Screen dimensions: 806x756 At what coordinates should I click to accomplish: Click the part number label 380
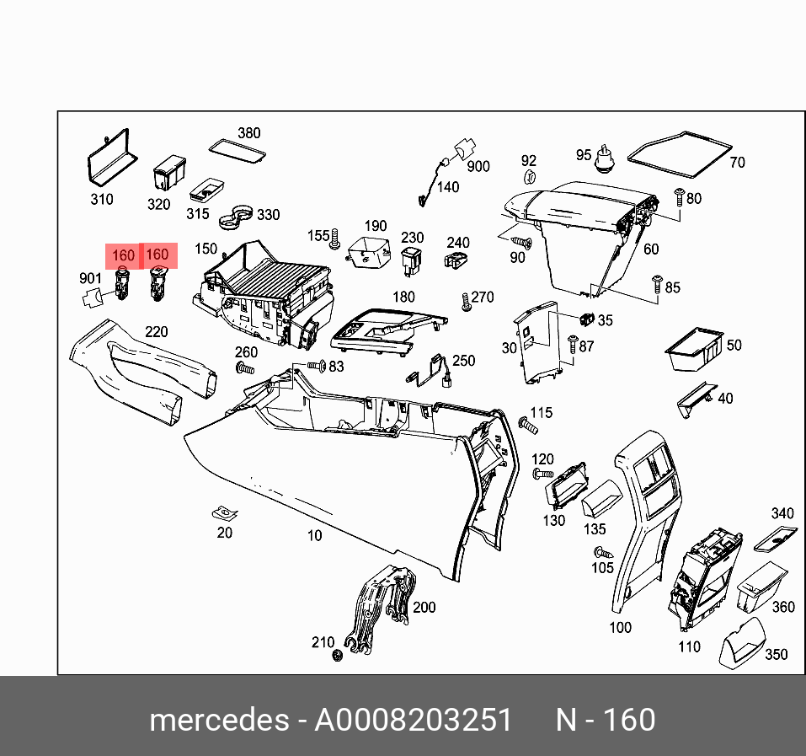click(248, 133)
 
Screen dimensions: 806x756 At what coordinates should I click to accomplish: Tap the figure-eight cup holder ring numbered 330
click(236, 216)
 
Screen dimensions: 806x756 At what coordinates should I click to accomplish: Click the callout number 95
click(584, 155)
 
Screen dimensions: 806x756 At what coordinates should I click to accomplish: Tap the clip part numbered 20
click(224, 512)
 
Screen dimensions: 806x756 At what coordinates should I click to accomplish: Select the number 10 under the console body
click(313, 536)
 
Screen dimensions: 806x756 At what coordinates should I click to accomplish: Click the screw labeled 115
click(529, 424)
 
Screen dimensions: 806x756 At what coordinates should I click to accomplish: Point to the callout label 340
click(782, 514)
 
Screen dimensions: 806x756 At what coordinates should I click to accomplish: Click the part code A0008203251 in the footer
click(413, 721)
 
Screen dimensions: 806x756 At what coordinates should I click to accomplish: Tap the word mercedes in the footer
click(217, 721)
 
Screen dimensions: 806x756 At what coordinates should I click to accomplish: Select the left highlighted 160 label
click(123, 255)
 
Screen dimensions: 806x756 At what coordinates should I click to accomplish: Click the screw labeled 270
click(466, 302)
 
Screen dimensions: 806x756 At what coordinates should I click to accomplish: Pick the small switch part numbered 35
click(586, 319)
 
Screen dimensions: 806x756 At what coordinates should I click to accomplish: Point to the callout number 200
click(424, 608)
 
